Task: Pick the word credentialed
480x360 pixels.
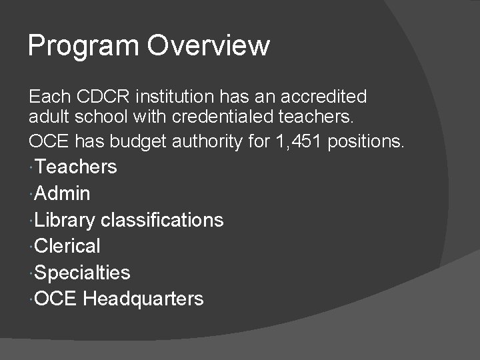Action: (x=227, y=119)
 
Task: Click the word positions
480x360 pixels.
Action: (x=367, y=141)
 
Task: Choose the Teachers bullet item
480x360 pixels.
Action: (x=75, y=167)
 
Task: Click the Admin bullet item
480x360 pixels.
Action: (x=62, y=193)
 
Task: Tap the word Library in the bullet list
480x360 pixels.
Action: (x=65, y=220)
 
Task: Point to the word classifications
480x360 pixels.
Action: (x=162, y=219)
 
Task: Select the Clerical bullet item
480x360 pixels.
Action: (x=67, y=246)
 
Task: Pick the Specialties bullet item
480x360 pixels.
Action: (x=82, y=273)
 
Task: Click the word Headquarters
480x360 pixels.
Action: (x=143, y=299)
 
